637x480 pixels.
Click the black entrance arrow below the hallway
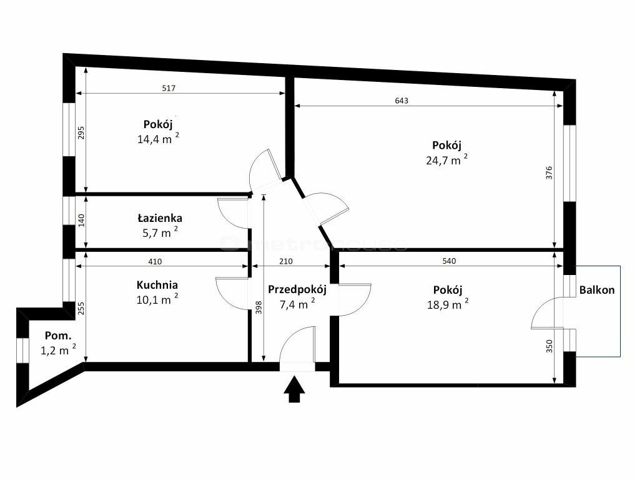[x=294, y=389]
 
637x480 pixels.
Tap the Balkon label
[x=597, y=290]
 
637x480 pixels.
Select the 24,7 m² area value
[x=447, y=159]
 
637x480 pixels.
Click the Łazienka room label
[x=160, y=218]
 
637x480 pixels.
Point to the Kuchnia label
[x=157, y=284]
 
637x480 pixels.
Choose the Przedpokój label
[x=297, y=290]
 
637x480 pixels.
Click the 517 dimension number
[x=169, y=87]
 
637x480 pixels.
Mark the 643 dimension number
[x=402, y=101]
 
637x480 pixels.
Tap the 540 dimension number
[x=449, y=261]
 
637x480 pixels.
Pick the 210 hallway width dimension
[x=285, y=261]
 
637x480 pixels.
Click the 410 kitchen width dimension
[x=155, y=261]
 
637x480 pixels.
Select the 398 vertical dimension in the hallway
[x=259, y=307]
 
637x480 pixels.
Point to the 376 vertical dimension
[x=549, y=173]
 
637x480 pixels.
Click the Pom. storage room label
[x=58, y=336]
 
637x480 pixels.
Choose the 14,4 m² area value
[x=158, y=138]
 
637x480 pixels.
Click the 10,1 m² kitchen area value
[x=157, y=299]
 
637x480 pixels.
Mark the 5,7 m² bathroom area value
[x=160, y=232]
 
